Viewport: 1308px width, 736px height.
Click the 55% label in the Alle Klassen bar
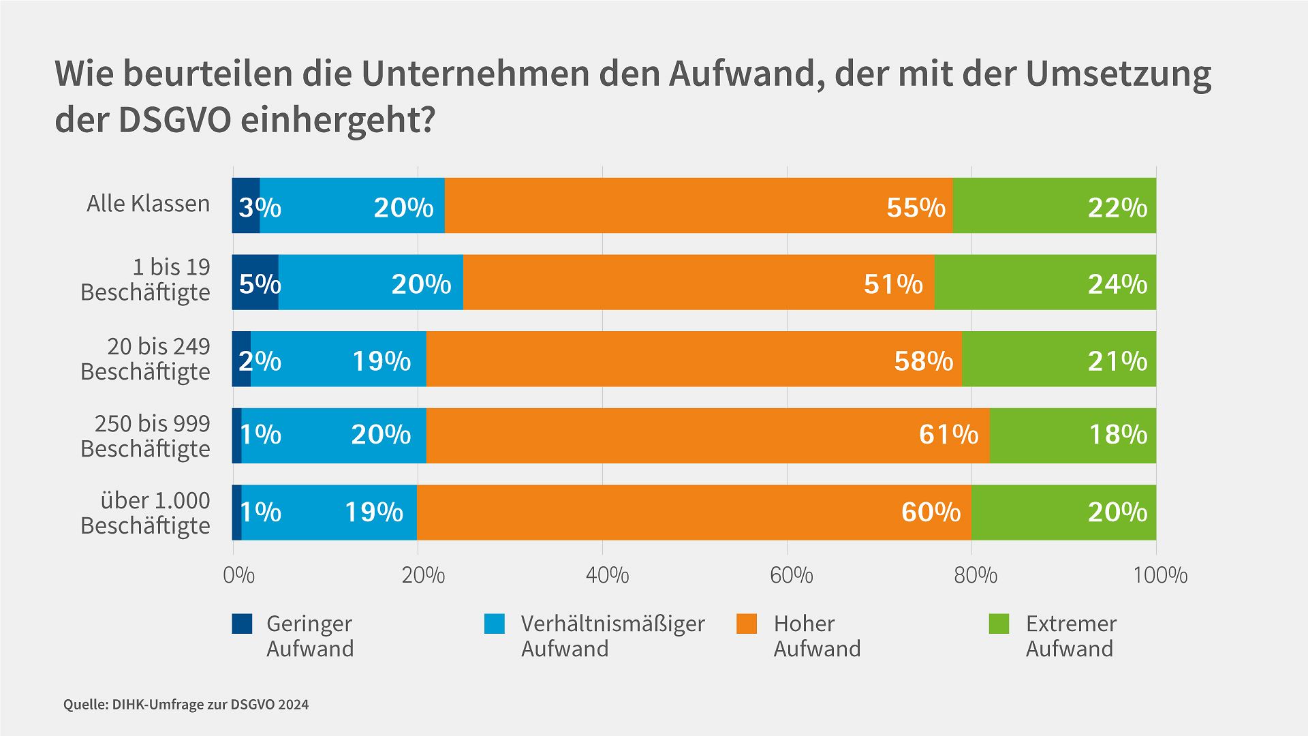(x=916, y=207)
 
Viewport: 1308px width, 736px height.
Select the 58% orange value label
(x=923, y=361)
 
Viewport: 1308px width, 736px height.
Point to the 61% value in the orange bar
(x=948, y=434)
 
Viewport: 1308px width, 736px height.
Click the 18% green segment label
(x=1117, y=434)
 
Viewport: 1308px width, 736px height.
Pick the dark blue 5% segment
(x=255, y=283)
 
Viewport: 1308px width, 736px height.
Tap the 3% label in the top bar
(x=259, y=207)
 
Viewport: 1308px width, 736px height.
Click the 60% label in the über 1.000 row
(x=931, y=512)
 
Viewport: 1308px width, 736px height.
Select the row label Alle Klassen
(x=148, y=204)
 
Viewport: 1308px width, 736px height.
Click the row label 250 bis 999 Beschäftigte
(x=145, y=436)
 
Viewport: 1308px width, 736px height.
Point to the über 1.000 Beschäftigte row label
(x=145, y=513)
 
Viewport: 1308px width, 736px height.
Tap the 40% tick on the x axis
(x=607, y=575)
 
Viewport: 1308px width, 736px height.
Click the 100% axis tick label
(x=1159, y=575)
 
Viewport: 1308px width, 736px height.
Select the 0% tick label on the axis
(x=238, y=575)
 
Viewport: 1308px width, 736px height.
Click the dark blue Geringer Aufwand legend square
(x=242, y=624)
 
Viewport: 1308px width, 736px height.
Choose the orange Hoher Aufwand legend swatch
(x=747, y=624)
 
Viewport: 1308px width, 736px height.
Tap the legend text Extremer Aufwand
(x=1070, y=636)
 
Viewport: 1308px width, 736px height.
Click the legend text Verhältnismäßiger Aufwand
(x=612, y=636)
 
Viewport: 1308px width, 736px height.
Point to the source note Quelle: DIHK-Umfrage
(x=185, y=705)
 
